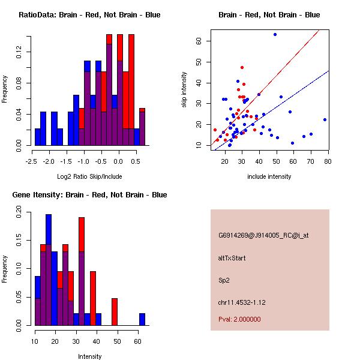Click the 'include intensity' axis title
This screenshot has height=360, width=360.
click(269, 176)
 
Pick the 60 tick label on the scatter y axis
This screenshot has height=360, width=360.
click(197, 41)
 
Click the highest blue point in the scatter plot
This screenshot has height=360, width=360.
click(275, 35)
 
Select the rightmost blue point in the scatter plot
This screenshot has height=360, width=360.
click(325, 119)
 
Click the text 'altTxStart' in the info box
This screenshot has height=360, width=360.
click(232, 258)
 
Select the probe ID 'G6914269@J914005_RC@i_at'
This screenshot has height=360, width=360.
click(263, 236)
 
